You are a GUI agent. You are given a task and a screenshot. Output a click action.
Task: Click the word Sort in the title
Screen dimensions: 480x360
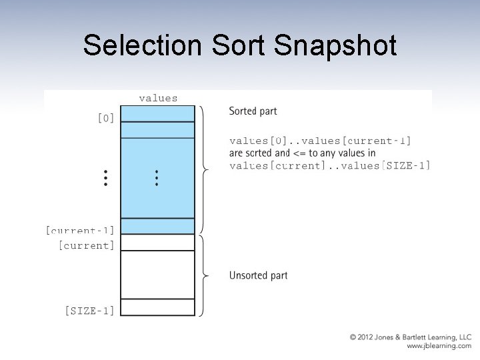232,46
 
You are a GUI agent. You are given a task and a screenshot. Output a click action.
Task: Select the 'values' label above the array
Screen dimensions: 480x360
158,98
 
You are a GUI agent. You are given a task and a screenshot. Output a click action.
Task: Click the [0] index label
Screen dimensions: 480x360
105,118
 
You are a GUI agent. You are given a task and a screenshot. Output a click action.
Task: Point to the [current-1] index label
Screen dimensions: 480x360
80,231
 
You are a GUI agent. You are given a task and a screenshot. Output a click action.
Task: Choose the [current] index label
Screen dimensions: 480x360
86,245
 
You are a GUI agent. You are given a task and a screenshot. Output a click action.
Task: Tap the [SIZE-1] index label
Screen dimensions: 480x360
89,310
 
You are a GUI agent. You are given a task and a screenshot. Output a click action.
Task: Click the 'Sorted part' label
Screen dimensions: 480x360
253,111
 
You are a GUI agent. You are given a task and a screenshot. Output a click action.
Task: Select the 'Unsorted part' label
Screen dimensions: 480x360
258,275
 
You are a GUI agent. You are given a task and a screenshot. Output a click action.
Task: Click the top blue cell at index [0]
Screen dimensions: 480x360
158,113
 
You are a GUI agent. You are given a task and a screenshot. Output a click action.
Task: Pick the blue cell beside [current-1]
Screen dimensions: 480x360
158,226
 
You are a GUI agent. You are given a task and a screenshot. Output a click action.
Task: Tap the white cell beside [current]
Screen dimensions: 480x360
158,242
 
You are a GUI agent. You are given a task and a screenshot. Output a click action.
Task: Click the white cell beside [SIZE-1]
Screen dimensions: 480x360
158,307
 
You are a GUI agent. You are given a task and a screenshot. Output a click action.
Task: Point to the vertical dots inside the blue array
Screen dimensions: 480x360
156,177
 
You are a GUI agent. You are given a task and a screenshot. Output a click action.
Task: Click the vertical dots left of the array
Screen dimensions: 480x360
105,177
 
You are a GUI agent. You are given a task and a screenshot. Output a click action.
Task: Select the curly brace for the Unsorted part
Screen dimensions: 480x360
204,275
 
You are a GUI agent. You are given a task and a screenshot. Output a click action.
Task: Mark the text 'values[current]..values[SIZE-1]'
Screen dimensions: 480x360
329,165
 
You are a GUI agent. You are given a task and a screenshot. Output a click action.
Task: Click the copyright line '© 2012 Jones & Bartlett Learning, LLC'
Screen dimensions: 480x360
410,337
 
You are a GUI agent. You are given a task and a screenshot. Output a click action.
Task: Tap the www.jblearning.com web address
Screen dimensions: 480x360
439,347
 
